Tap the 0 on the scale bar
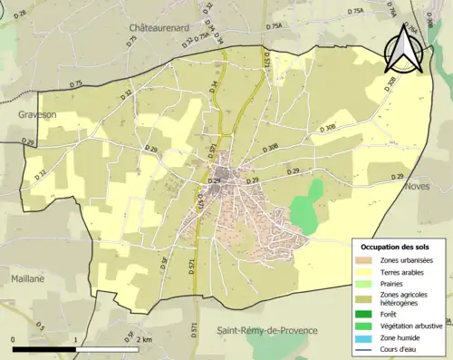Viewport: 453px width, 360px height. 14,339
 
